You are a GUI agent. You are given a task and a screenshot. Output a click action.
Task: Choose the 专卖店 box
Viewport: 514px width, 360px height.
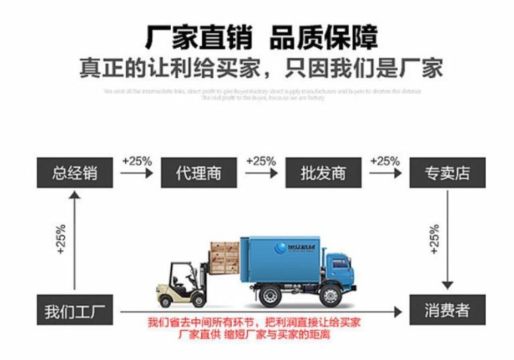448,172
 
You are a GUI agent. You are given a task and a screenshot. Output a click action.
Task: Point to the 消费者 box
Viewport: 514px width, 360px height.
448,309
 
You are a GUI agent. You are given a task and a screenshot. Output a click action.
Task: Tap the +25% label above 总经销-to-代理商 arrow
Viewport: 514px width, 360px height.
137,161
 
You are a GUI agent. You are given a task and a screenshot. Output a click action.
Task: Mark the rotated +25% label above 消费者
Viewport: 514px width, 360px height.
434,239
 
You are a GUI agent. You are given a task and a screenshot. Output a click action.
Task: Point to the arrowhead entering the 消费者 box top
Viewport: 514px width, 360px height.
448,285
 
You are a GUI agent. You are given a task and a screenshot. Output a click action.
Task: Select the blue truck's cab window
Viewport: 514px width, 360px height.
338,263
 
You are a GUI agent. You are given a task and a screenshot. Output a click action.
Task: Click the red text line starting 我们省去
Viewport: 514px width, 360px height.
254,323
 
